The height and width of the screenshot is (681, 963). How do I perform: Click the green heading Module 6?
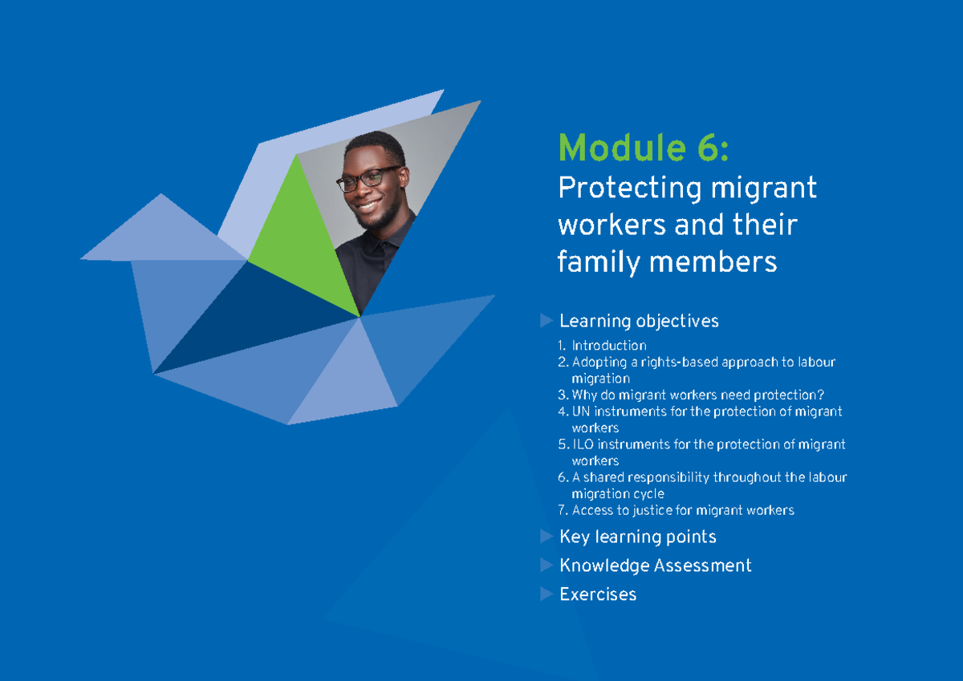click(643, 148)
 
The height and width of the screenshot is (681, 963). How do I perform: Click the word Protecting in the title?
click(619, 188)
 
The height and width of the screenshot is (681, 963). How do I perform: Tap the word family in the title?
click(592, 261)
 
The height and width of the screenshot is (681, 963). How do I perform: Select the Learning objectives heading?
click(639, 321)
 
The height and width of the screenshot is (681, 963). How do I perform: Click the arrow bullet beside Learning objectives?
click(547, 321)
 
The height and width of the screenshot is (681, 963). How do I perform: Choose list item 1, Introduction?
click(608, 346)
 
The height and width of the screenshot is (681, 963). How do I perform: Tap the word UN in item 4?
click(581, 411)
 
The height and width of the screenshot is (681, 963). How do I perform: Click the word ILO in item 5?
click(583, 444)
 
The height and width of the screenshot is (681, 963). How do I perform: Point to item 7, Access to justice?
click(682, 510)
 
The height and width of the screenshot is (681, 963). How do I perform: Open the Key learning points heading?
click(637, 537)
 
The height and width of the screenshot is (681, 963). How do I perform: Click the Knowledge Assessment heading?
click(655, 565)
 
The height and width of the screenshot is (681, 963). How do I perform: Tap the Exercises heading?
click(598, 594)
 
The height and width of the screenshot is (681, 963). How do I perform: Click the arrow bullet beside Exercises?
click(547, 594)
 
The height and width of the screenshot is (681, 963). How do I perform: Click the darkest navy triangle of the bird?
click(241, 321)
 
